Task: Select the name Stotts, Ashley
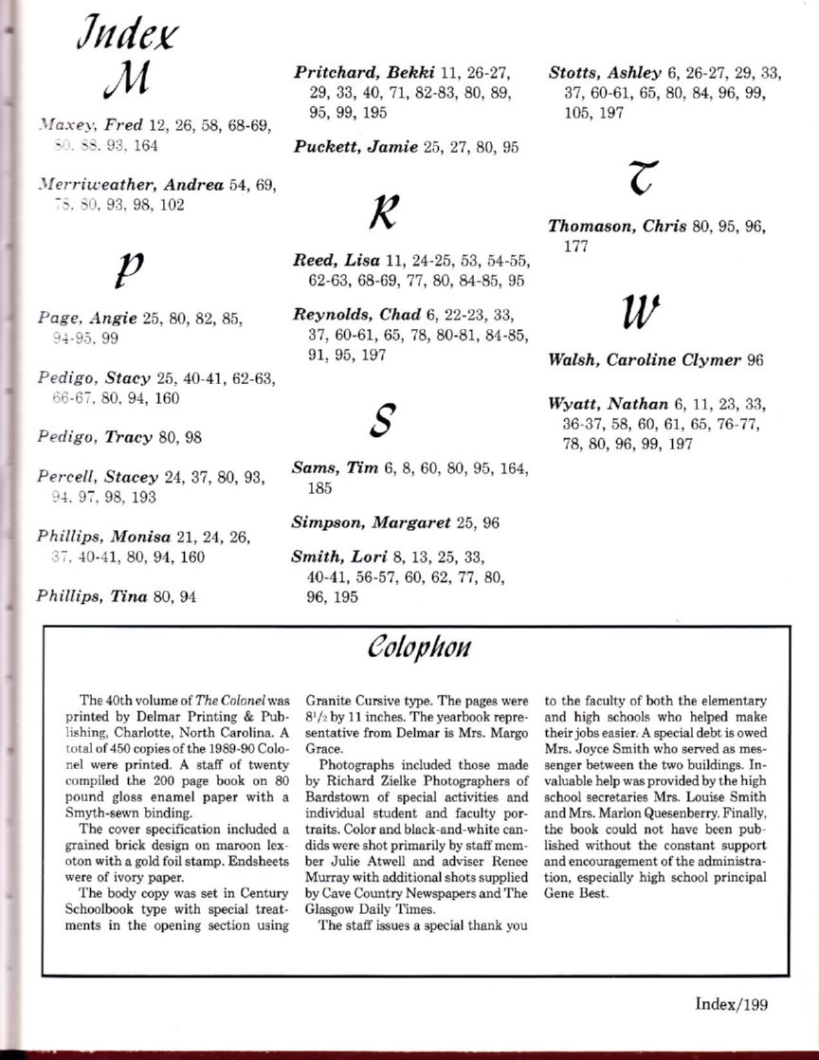(606, 72)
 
